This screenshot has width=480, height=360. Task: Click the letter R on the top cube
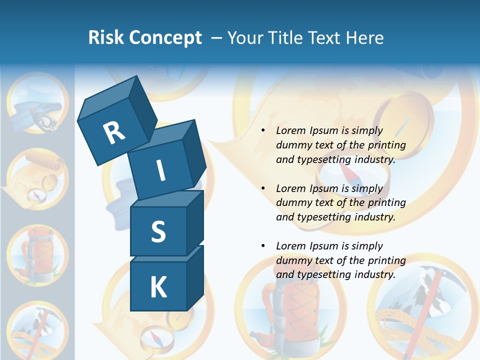click(114, 133)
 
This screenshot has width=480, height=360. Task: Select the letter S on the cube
click(158, 231)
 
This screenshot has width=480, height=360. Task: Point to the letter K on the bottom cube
click(158, 287)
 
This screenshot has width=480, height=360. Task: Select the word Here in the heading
click(366, 38)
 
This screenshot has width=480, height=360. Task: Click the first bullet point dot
click(263, 131)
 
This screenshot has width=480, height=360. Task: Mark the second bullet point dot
click(263, 189)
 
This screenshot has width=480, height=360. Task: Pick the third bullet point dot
click(263, 246)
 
